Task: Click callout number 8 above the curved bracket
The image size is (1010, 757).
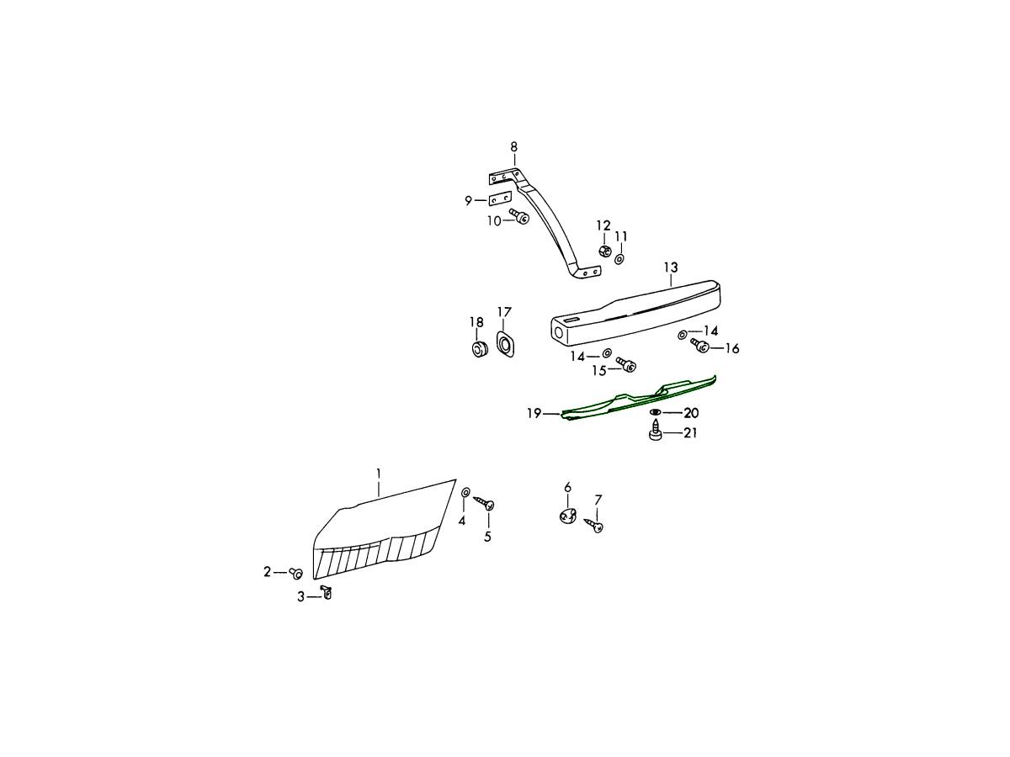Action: coord(514,147)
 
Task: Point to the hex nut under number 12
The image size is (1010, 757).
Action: coord(604,251)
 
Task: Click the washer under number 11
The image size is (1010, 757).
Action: coord(619,260)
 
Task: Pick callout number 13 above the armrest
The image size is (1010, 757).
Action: coord(671,267)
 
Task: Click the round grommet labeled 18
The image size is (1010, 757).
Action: coord(479,349)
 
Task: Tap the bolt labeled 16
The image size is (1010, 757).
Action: coord(699,345)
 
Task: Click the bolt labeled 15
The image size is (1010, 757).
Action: coord(626,363)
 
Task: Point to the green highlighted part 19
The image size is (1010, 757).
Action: coord(638,400)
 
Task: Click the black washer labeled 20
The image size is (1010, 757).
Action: coord(655,412)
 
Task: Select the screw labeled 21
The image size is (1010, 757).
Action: coord(655,430)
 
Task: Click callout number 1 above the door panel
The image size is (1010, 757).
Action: coord(378,474)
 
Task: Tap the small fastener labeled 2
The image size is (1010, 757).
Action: coord(296,573)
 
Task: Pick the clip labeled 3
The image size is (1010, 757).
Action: coord(327,592)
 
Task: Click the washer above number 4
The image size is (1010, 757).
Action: coord(465,493)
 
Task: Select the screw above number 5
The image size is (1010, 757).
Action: coord(484,502)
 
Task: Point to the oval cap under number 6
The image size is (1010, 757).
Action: coord(568,516)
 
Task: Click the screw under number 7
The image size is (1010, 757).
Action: coord(594,525)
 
